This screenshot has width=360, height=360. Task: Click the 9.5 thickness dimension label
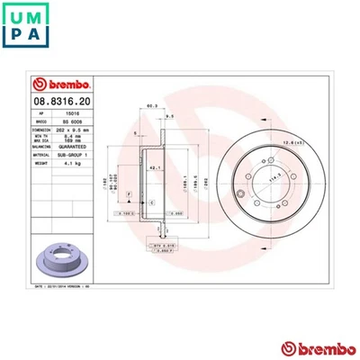[169, 117]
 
